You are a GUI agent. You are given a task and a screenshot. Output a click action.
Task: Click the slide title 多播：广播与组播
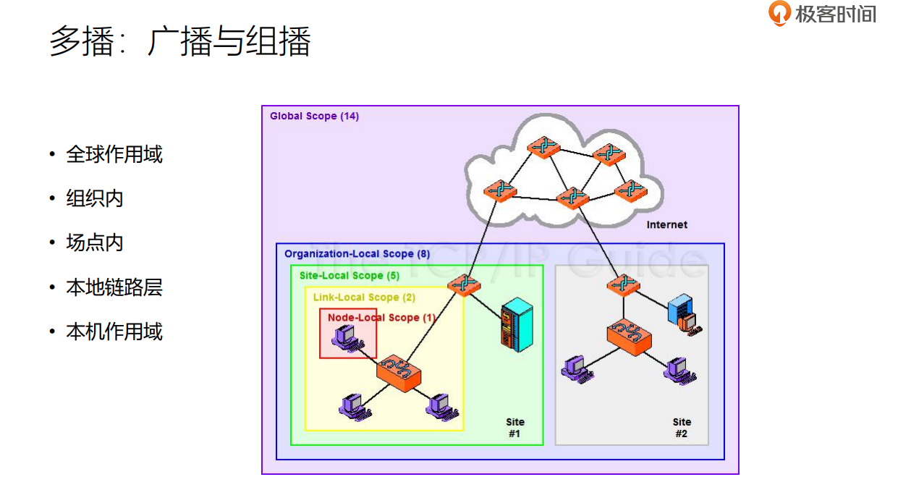[x=179, y=41]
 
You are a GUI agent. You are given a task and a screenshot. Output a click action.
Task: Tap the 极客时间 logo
[x=822, y=14]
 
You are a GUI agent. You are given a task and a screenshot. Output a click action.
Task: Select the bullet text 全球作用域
[x=114, y=154]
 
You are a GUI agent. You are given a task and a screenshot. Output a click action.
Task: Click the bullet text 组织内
[x=95, y=198]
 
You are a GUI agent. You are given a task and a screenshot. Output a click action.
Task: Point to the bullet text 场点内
[x=95, y=242]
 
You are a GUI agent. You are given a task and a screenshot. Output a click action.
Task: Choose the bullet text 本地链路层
[x=114, y=287]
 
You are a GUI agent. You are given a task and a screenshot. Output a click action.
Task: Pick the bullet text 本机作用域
[x=114, y=332]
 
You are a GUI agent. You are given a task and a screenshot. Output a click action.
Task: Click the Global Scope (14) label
[x=314, y=116]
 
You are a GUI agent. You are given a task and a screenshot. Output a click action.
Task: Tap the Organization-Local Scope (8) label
[x=357, y=253]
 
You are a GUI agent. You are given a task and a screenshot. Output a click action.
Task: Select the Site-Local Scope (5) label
[x=349, y=275]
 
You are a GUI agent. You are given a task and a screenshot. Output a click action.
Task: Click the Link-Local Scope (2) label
[x=364, y=297]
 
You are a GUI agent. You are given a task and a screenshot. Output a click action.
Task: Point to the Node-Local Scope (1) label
[x=381, y=317]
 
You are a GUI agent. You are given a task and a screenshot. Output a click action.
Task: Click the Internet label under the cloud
[x=666, y=224]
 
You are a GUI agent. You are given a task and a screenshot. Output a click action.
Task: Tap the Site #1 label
[x=515, y=428]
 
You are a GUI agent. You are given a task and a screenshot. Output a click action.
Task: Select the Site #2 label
[x=682, y=428]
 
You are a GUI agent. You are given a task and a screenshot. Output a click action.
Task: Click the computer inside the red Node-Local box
[x=346, y=338]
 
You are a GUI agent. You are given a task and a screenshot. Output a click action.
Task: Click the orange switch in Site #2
[x=630, y=337]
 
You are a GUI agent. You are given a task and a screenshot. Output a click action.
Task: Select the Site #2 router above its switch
[x=623, y=284]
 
